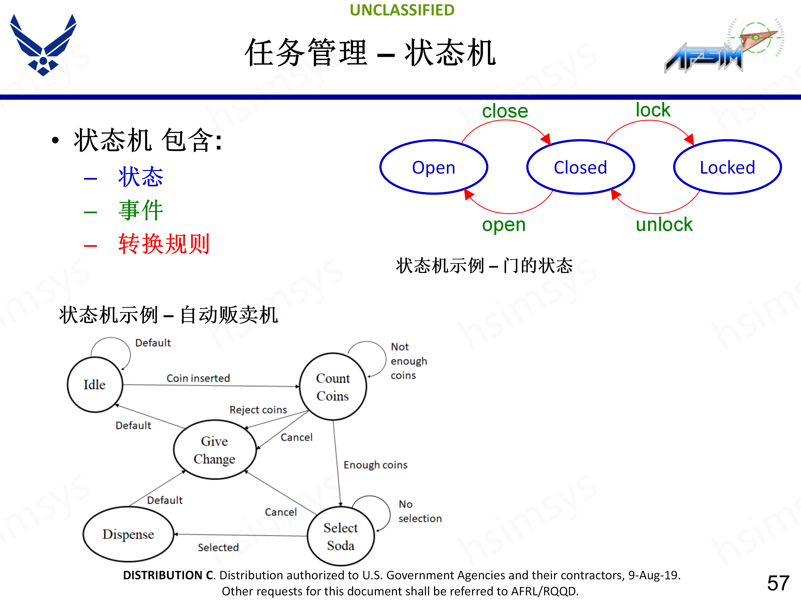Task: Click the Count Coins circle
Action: tap(333, 386)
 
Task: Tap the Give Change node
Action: tap(215, 449)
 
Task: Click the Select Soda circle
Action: tap(340, 536)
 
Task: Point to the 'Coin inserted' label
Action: tap(198, 378)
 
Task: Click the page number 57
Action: tap(778, 583)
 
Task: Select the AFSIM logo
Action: tap(721, 47)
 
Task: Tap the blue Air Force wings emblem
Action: tap(43, 45)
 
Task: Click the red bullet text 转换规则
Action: tap(164, 244)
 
